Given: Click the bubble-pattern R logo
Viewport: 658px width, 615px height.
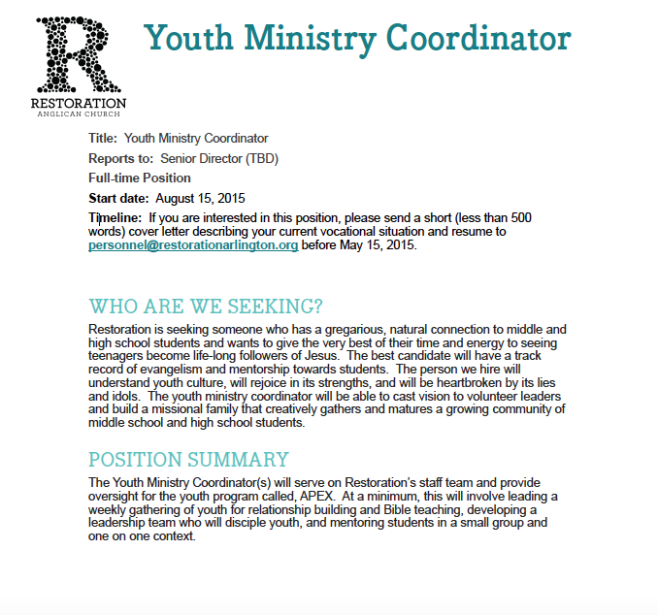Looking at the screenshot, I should (x=78, y=53).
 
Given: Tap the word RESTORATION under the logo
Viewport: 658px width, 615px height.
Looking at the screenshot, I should (x=78, y=103).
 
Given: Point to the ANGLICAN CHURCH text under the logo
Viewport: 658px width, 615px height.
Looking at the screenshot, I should (x=78, y=114).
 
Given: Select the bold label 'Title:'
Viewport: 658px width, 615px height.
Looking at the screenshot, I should (x=103, y=139).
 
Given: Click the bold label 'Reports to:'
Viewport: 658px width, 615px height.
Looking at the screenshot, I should (x=121, y=158).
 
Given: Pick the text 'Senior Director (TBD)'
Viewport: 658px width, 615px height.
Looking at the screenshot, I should (x=219, y=158).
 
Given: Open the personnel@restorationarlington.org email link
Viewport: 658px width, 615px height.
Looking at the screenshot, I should (x=193, y=245).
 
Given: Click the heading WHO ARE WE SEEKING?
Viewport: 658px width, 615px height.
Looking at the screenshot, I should (x=206, y=307).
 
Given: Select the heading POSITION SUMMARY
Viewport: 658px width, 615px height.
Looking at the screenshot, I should (x=188, y=459).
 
